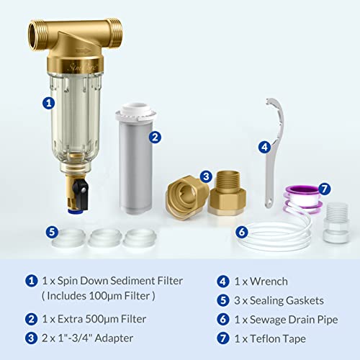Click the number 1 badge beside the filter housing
coord(48,103)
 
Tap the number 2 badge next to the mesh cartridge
coord(155,135)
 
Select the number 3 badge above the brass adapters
coord(206,176)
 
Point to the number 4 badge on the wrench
coord(265,146)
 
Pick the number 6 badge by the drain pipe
coord(241,232)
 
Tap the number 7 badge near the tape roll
coord(325,189)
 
